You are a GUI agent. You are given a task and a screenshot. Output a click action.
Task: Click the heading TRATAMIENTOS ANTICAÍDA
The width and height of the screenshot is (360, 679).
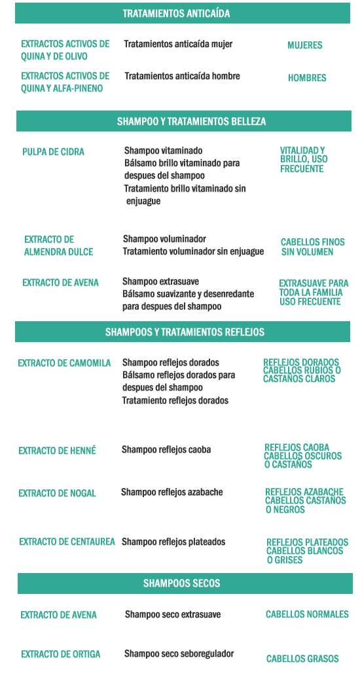tap(176, 14)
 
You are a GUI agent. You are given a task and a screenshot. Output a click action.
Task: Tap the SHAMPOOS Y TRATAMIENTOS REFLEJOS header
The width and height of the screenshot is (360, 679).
tap(185, 332)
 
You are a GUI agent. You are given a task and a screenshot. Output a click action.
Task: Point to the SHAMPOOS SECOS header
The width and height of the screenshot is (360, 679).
tap(181, 583)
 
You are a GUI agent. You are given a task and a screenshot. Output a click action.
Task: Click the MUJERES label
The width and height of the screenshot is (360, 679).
tap(305, 45)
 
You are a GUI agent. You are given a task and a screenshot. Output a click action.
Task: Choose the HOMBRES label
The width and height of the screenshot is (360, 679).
tap(307, 78)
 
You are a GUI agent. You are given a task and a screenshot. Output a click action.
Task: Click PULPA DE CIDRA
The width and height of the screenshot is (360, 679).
tap(53, 152)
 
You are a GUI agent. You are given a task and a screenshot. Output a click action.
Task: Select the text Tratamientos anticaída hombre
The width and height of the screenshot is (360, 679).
tap(182, 76)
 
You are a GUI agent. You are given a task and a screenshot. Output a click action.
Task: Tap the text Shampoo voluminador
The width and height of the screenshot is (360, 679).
tap(164, 239)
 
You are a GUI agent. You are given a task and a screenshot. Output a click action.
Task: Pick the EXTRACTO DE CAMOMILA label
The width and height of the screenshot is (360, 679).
tap(64, 363)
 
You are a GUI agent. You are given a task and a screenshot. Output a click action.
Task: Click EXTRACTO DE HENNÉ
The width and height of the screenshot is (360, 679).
tap(57, 451)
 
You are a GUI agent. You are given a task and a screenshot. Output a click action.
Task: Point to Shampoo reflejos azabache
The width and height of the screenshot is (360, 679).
tap(171, 492)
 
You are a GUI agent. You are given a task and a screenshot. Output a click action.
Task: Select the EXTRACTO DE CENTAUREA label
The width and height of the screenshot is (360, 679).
tap(67, 542)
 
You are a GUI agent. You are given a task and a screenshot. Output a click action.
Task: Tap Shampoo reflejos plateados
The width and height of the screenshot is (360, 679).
tap(173, 542)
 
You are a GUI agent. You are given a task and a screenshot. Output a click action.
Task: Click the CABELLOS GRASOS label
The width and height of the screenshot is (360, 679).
tap(302, 659)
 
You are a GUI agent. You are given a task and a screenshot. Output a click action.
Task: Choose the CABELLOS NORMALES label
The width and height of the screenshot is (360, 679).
tap(307, 614)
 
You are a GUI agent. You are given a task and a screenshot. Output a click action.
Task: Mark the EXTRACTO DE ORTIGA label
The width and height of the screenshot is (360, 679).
tap(60, 654)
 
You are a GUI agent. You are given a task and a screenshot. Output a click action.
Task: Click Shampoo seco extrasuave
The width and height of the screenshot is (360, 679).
tap(173, 614)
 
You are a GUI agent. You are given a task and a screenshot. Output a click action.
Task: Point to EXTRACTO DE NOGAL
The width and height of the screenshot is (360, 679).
tap(57, 493)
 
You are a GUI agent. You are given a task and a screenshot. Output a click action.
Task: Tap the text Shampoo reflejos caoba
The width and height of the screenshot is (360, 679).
tap(166, 449)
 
